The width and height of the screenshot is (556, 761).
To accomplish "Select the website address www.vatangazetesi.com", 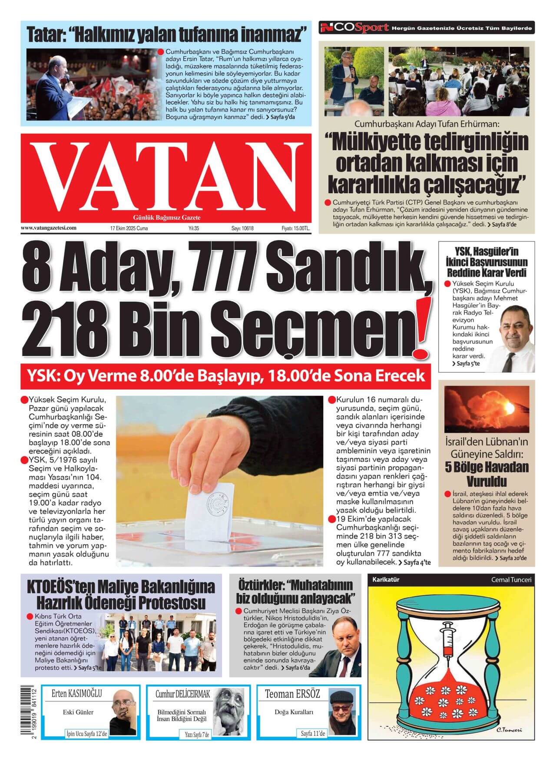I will click(49, 227).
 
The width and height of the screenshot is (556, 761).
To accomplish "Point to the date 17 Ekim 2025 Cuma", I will click(129, 228).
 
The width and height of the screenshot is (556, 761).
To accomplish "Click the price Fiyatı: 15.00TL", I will click(296, 228).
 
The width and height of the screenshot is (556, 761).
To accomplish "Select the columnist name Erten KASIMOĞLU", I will click(76, 694).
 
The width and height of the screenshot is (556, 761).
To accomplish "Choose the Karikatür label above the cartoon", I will click(386, 580).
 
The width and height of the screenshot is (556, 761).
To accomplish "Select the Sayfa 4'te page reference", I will click(415, 562).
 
